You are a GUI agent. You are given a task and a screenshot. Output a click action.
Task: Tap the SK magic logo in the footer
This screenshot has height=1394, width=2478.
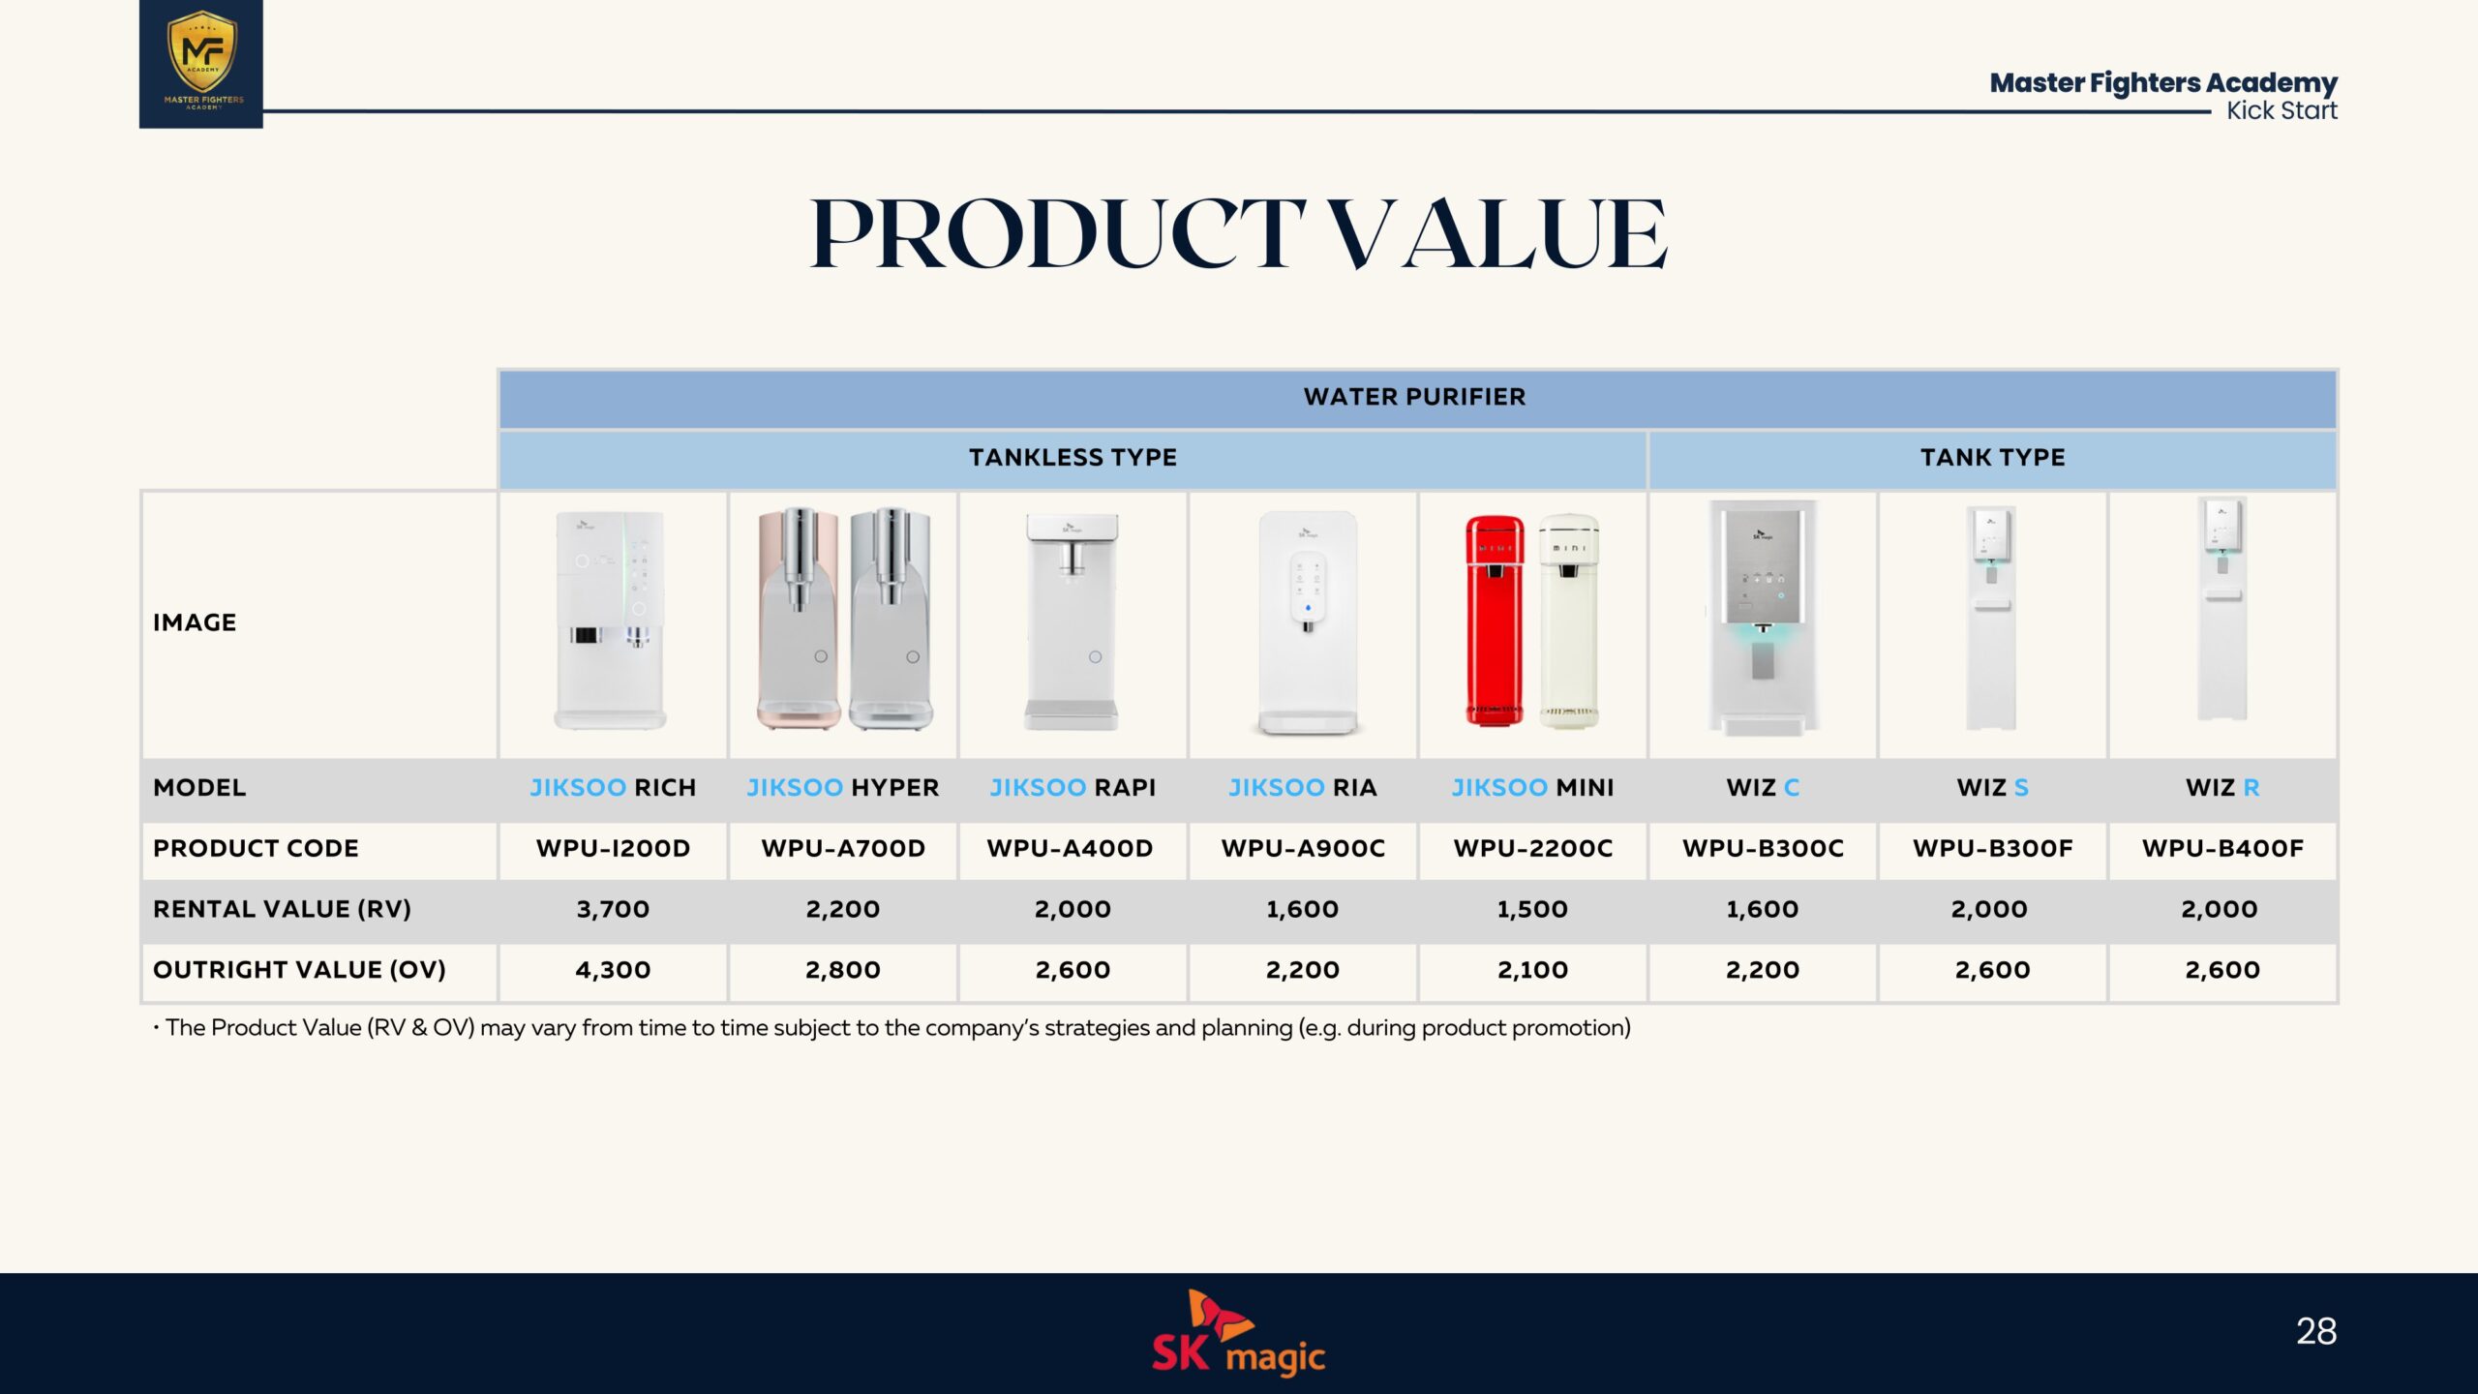pos(1238,1333)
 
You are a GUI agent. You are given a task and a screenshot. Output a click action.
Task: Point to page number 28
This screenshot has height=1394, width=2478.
pos(2316,1331)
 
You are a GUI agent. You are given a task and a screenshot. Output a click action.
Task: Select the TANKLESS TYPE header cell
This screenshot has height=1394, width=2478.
pos(1073,458)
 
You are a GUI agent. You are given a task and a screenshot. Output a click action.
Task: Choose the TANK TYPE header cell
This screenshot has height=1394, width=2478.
pos(1993,458)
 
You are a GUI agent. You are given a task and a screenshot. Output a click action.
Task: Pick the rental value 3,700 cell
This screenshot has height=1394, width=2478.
pos(613,910)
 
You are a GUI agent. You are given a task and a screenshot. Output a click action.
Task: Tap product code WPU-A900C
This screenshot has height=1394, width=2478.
pos(1303,849)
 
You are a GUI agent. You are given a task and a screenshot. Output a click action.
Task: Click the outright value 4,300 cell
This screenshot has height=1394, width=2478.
pos(613,971)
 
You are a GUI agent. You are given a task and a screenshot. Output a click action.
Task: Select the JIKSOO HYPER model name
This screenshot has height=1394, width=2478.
pos(842,788)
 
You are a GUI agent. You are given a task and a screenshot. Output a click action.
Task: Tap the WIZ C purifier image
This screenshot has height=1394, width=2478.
pos(1762,618)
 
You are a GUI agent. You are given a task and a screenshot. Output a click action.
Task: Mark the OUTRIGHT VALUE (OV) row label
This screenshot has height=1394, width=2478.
pos(299,970)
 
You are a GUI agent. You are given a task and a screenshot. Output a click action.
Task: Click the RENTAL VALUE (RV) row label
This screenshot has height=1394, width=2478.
pos(282,909)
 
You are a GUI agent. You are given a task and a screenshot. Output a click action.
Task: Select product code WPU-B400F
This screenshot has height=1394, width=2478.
pos(2222,849)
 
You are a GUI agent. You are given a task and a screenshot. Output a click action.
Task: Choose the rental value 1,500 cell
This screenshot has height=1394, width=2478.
pos(1532,910)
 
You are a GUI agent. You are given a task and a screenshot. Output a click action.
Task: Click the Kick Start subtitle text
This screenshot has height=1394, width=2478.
pos(2282,111)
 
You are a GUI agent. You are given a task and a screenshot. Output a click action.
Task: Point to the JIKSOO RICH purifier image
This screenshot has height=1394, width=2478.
pos(611,620)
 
